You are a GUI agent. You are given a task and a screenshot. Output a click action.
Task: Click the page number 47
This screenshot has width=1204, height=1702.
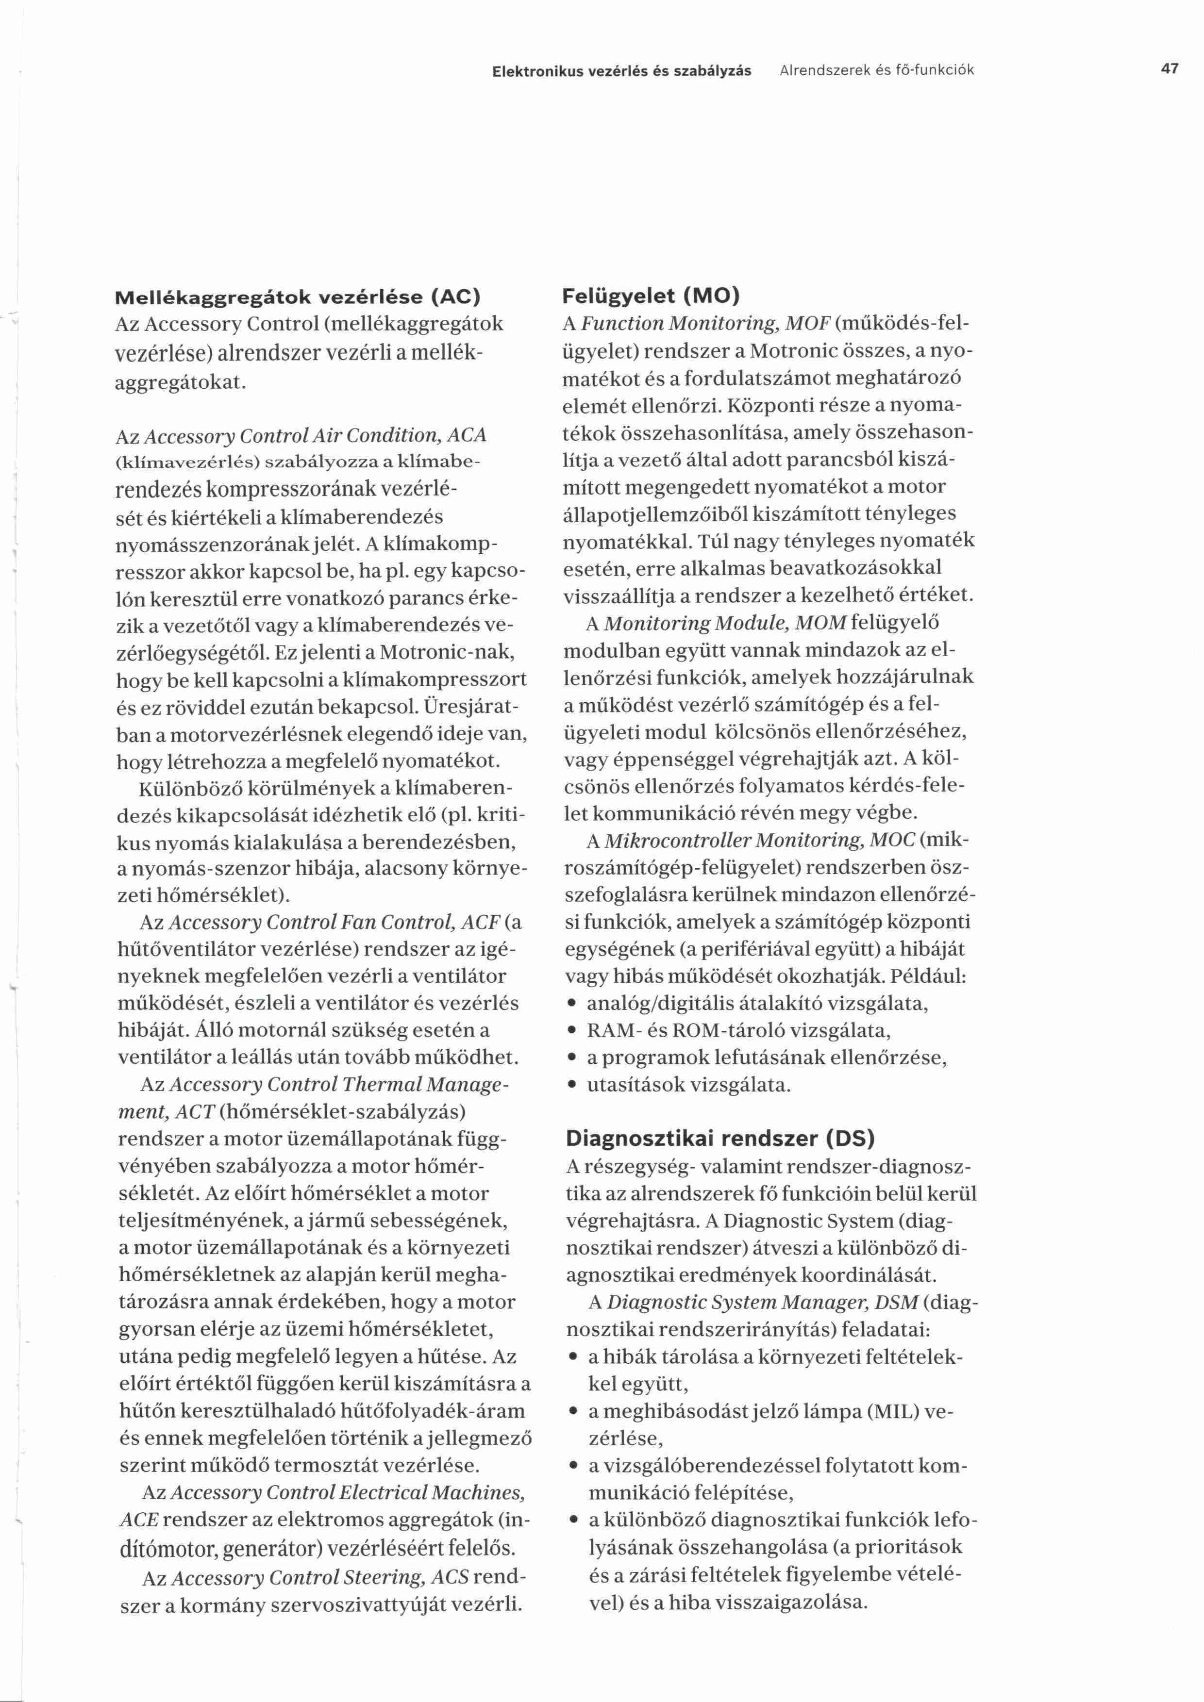(x=1170, y=70)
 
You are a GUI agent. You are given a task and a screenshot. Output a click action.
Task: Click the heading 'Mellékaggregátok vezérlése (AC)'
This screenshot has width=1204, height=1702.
(x=298, y=297)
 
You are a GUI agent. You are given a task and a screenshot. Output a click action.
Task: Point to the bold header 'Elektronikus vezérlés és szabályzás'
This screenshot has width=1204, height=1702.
(x=621, y=71)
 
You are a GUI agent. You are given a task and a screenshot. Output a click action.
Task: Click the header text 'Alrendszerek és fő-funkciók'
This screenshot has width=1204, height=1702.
(x=877, y=71)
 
